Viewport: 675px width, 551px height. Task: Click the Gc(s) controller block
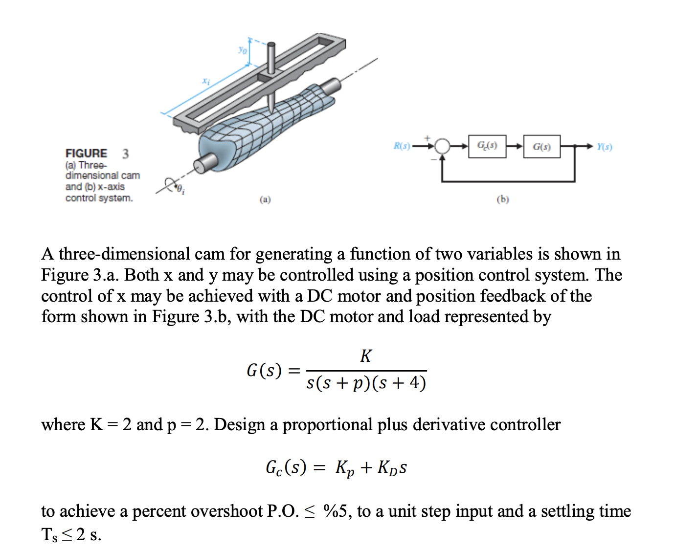tap(487, 146)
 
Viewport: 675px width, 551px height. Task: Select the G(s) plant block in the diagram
tap(541, 147)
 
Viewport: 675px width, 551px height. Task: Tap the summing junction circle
tap(442, 146)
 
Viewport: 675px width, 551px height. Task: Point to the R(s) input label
tap(402, 146)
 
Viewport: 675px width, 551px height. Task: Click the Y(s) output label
tap(605, 146)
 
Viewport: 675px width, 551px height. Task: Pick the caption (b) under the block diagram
tap(503, 199)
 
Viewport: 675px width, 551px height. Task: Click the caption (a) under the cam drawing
tap(265, 199)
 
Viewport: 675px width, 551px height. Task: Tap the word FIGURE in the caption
tap(86, 154)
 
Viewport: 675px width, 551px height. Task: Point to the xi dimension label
tap(206, 81)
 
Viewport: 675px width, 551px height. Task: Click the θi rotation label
tap(180, 189)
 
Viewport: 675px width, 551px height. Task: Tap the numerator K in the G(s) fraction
tap(366, 356)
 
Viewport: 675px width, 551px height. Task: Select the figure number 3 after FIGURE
tap(126, 154)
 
